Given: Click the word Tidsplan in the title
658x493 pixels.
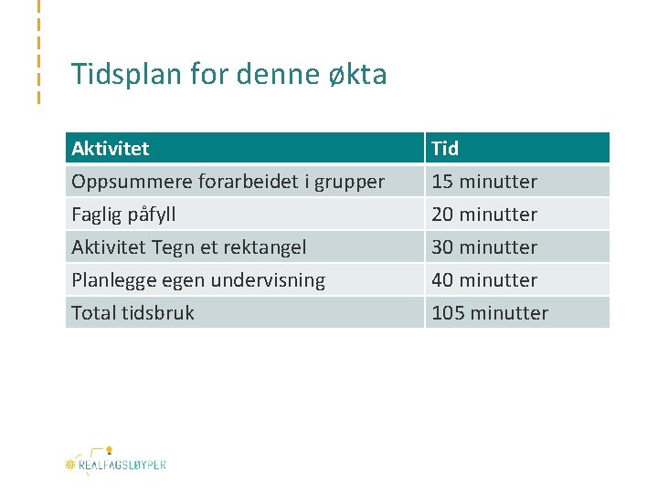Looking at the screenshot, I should tap(114, 74).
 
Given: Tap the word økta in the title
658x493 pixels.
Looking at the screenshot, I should tap(357, 74).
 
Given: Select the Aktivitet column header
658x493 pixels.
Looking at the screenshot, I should tap(111, 148).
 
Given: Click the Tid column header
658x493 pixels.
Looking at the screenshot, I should tap(445, 148).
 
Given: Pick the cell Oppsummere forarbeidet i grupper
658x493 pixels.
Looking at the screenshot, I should tap(228, 181).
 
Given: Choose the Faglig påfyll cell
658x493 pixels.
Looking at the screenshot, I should tap(123, 215).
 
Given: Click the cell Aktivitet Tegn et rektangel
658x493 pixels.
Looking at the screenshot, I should tap(189, 246).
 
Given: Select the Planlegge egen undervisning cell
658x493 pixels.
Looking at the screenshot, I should tap(198, 279).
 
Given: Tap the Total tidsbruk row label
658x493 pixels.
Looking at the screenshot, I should tap(133, 312).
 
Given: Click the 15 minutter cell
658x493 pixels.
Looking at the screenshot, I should tap(484, 181).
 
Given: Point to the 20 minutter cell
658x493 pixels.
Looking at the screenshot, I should tap(484, 215).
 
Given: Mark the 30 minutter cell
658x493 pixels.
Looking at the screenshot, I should tap(484, 246).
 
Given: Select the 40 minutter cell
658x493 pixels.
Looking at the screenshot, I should tap(484, 279).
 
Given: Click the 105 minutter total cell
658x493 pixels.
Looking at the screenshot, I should tap(490, 312).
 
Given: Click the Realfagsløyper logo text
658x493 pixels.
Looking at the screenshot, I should tap(122, 465).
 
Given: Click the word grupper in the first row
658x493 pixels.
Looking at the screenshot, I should tap(352, 182).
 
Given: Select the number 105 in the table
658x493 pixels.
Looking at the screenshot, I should tap(448, 312).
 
